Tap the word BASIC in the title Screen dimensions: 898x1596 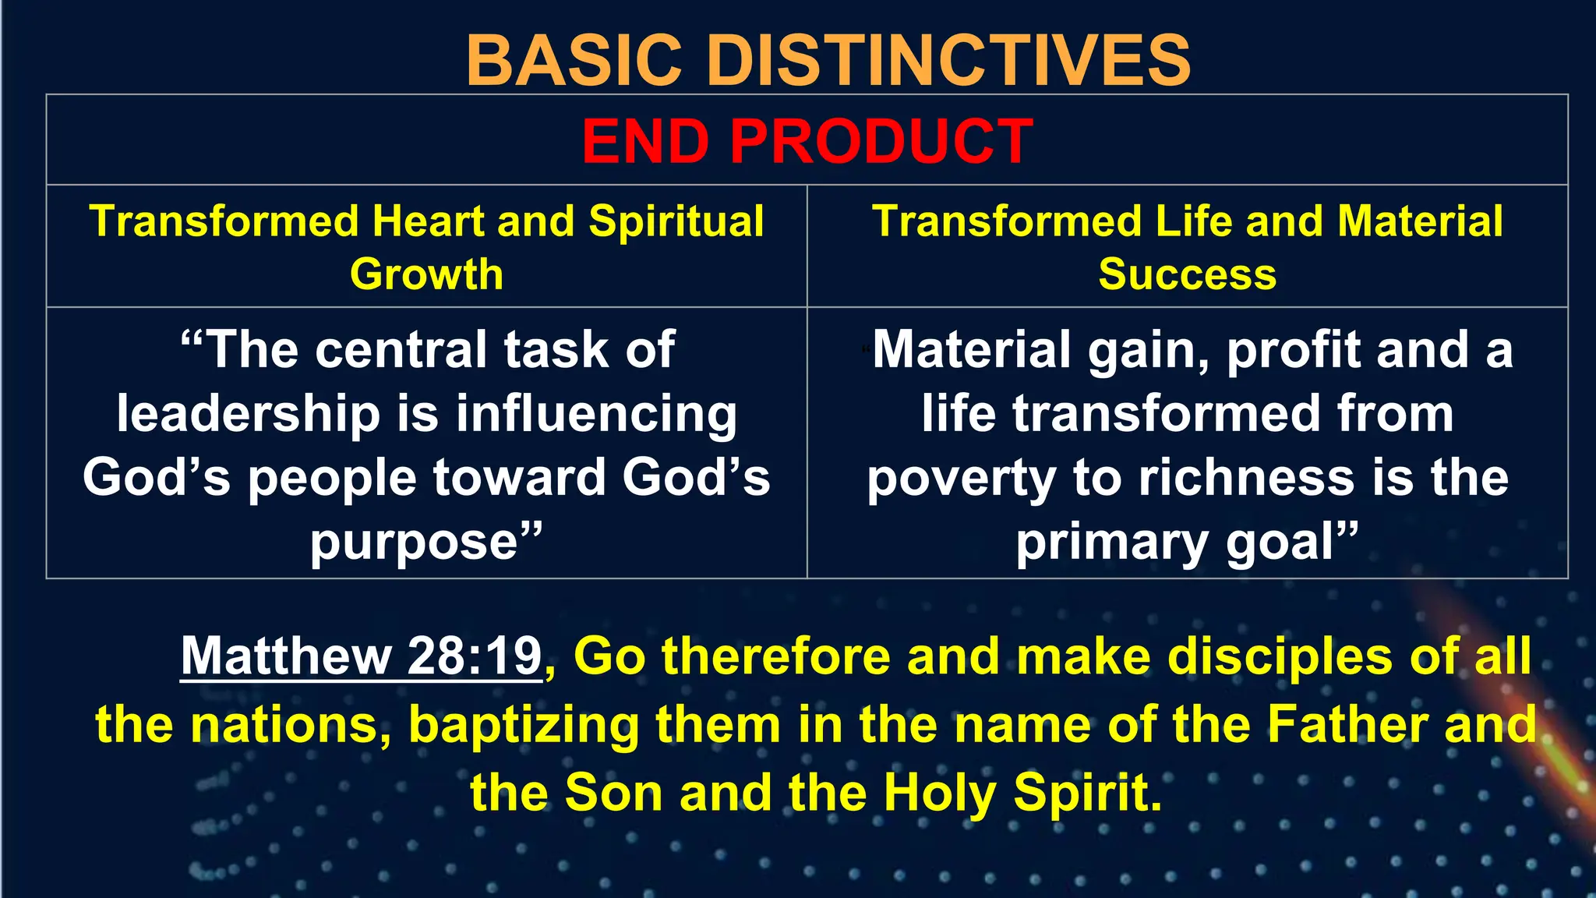point(574,61)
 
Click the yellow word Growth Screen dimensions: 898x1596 point(426,274)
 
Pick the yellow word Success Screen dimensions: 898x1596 point(1187,274)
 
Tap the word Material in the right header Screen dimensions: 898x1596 point(1420,221)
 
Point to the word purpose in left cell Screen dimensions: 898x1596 point(415,543)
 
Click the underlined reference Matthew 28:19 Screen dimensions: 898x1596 point(361,656)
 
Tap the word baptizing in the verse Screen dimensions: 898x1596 point(523,725)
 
